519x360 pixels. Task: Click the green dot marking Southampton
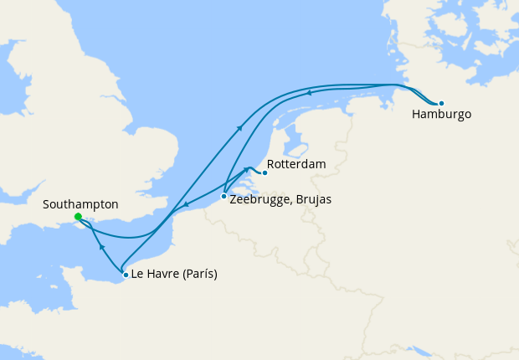[x=78, y=217]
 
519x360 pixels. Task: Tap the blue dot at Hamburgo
[x=441, y=103]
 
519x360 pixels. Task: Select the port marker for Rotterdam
[x=265, y=173]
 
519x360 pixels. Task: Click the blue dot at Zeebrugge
[x=224, y=197]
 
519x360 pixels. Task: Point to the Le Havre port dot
[x=126, y=275]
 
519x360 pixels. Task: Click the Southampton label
[x=80, y=204]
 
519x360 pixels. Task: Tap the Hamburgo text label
[x=441, y=115]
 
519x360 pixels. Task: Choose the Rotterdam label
[x=296, y=165]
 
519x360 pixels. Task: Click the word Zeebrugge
[x=259, y=201]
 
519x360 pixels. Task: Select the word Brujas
[x=312, y=201]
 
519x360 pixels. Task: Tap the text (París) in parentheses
[x=200, y=275]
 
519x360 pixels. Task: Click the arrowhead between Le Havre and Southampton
[x=100, y=248]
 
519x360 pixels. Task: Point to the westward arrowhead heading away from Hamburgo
[x=309, y=93]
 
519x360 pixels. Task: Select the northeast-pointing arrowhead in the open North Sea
[x=241, y=127]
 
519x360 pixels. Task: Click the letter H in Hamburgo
[x=416, y=115]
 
